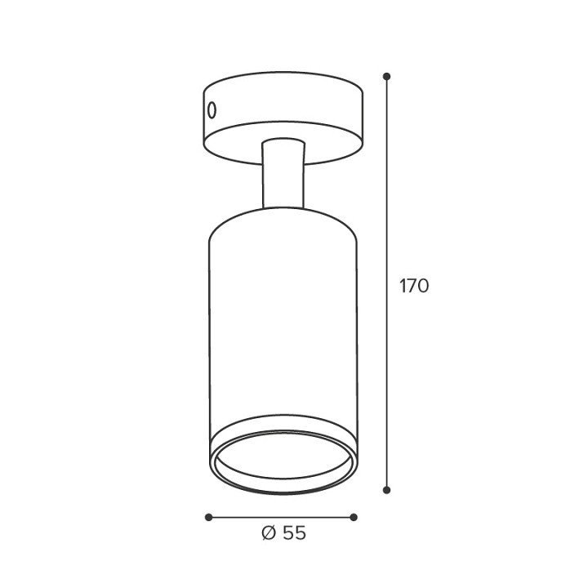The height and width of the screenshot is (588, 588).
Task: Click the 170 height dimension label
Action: click(414, 286)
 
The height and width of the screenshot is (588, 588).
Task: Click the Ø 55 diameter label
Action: click(283, 532)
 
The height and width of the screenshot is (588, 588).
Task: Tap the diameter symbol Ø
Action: click(269, 532)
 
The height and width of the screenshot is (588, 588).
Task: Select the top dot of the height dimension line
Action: click(386, 77)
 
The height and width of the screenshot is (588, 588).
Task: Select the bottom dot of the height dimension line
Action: click(386, 490)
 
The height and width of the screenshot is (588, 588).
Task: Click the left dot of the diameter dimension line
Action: click(209, 518)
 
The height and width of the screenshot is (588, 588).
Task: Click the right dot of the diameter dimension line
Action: click(354, 518)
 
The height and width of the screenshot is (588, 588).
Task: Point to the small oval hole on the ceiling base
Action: click(212, 110)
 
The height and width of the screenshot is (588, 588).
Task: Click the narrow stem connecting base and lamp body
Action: click(283, 175)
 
